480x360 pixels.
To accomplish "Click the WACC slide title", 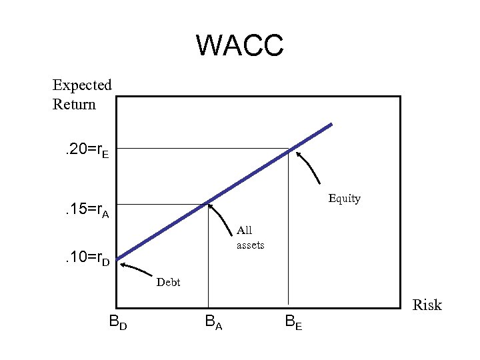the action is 240,46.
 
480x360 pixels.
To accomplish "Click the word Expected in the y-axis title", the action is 82,85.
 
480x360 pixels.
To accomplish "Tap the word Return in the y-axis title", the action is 74,105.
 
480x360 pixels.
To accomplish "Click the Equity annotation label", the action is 344,199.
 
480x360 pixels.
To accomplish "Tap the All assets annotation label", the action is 250,238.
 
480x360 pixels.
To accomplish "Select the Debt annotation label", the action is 168,282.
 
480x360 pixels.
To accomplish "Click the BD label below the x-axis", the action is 119,323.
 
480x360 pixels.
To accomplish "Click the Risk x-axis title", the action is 427,305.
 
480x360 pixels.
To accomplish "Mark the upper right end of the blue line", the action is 331,125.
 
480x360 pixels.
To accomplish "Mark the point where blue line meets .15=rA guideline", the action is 209,202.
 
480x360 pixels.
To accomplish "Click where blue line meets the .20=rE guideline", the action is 288,149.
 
